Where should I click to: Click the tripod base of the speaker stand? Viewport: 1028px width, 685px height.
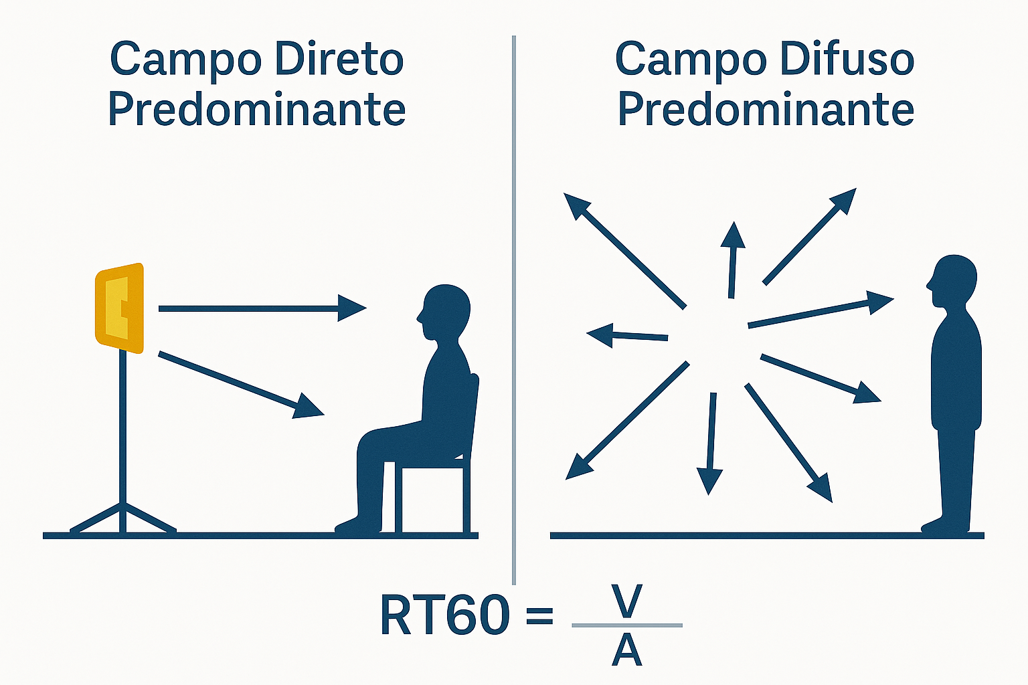[x=122, y=519]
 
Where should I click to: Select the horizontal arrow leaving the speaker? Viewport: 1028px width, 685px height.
[x=261, y=308]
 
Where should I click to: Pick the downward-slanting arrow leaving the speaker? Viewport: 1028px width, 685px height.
[x=241, y=384]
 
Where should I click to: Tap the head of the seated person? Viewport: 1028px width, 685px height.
[x=444, y=310]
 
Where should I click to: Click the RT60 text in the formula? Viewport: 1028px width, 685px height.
[x=444, y=615]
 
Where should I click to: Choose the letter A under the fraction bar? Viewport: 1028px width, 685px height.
[x=627, y=651]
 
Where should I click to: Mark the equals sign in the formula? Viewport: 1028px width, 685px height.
[x=539, y=615]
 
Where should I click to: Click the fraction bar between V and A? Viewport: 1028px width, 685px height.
[x=627, y=625]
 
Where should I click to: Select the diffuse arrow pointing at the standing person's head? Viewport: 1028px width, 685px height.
[x=820, y=312]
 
